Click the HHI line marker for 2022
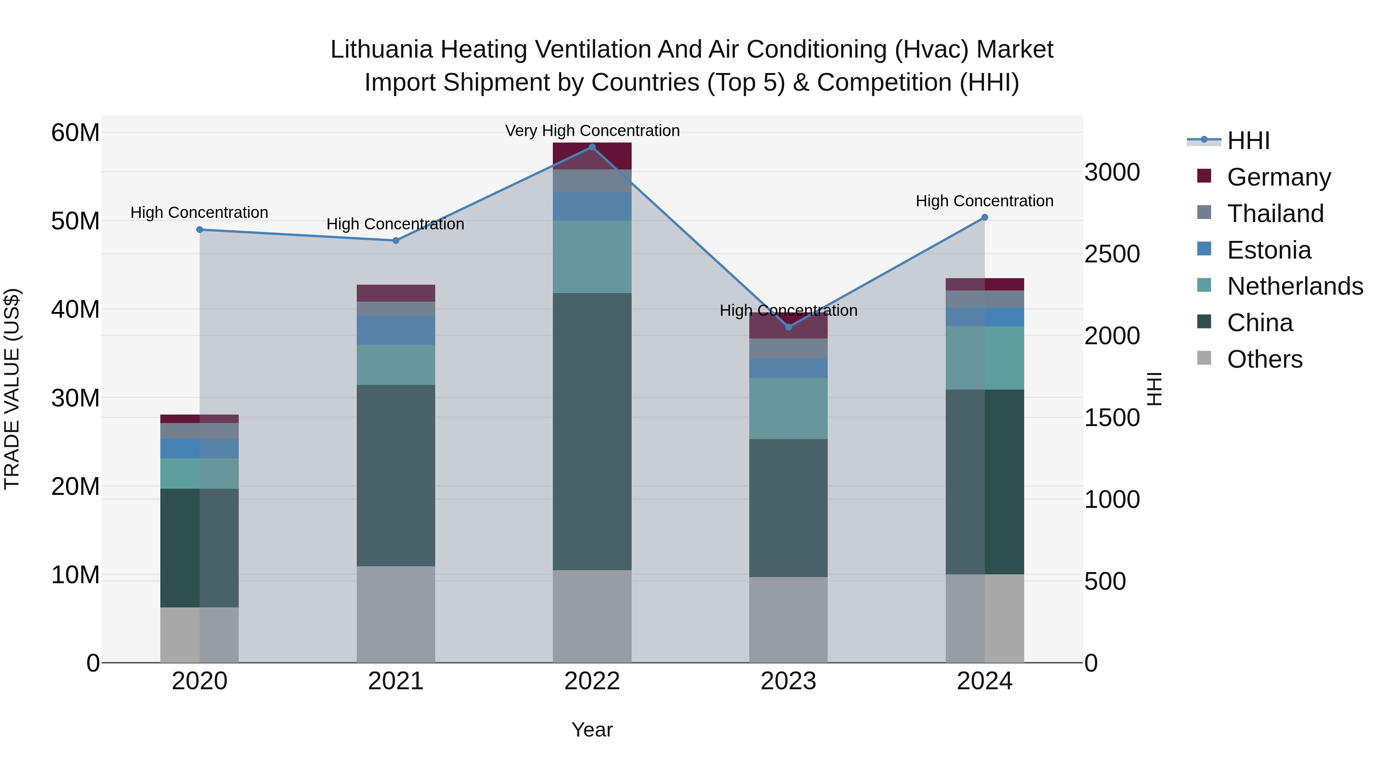[x=592, y=147]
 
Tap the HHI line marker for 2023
[x=788, y=327]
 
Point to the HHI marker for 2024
[x=984, y=217]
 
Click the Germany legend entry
[x=1279, y=177]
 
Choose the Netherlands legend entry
[x=1295, y=286]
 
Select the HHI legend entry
[x=1248, y=141]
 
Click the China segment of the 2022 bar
[x=592, y=431]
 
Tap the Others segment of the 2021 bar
[x=396, y=614]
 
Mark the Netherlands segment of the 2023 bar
[x=788, y=409]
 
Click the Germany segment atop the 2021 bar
[x=396, y=293]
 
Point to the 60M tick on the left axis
[x=75, y=133]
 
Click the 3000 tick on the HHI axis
[x=1111, y=173]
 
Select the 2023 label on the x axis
[x=788, y=681]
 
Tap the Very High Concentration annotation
[x=592, y=131]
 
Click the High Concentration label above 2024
[x=984, y=201]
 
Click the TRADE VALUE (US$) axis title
[x=12, y=389]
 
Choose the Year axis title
[x=592, y=730]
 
